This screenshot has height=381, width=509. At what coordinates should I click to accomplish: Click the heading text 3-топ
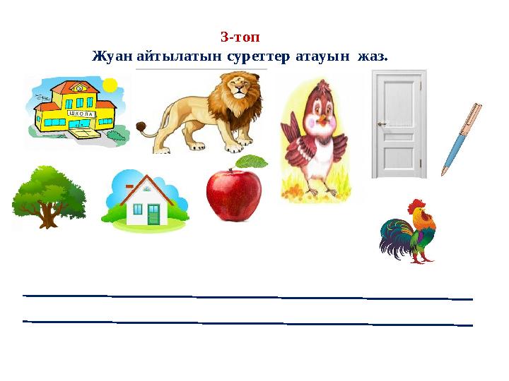tap(240, 36)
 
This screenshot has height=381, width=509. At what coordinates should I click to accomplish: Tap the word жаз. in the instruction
tap(373, 55)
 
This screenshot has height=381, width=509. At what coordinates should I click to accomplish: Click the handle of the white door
tap(382, 123)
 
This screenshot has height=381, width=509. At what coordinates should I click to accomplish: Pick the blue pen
tap(461, 140)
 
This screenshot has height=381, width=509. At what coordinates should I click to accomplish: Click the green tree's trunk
tap(48, 214)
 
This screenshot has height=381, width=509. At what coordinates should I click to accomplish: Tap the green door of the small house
tap(153, 213)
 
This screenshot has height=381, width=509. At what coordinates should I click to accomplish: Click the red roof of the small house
tap(145, 188)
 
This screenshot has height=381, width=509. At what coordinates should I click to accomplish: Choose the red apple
tap(233, 195)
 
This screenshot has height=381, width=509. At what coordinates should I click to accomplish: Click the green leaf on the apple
tap(252, 162)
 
